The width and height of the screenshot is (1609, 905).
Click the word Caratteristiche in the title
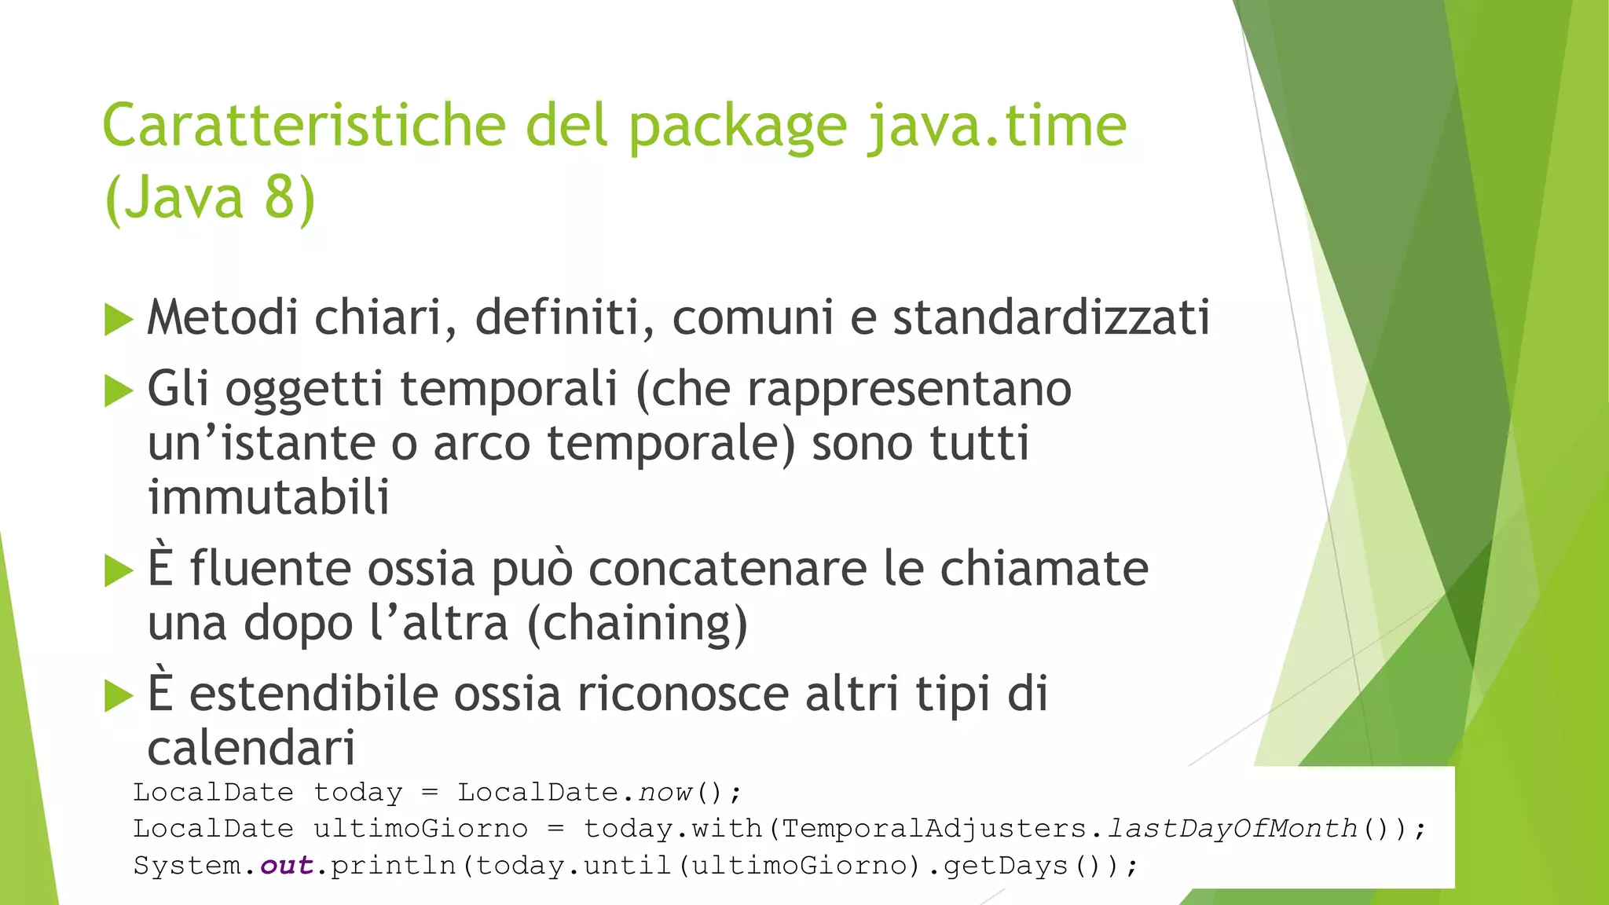point(304,126)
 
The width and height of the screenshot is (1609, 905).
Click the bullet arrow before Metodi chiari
point(119,320)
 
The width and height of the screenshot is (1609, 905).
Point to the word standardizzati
point(1050,317)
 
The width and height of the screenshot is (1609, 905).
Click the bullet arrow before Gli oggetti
point(119,390)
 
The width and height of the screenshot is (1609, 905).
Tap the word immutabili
point(269,497)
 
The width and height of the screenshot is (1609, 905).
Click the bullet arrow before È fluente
point(119,570)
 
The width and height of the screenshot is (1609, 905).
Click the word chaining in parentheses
point(637,624)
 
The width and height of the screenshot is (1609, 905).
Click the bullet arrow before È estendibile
point(119,695)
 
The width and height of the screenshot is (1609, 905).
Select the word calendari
point(251,748)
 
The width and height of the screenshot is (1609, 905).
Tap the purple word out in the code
point(287,866)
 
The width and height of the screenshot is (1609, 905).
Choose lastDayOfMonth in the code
point(1232,829)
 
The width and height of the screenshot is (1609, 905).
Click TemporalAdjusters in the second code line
point(934,829)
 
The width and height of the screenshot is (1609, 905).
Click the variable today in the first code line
point(358,793)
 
